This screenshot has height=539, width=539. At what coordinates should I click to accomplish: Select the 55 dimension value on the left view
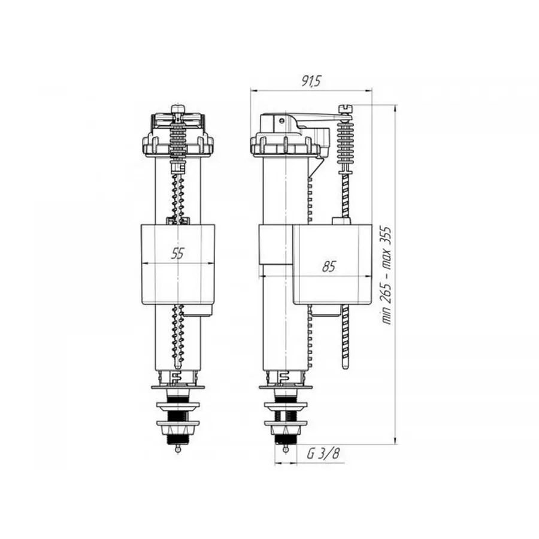click(x=177, y=253)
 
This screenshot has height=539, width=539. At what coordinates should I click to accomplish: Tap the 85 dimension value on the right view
click(x=328, y=267)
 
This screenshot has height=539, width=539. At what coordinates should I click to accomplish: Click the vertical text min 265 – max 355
click(x=387, y=274)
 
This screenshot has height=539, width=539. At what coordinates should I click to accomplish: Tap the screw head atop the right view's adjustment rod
click(x=346, y=108)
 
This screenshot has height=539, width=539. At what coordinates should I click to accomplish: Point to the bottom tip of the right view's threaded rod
click(x=346, y=366)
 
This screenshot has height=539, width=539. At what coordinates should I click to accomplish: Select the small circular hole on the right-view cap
click(x=281, y=119)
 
